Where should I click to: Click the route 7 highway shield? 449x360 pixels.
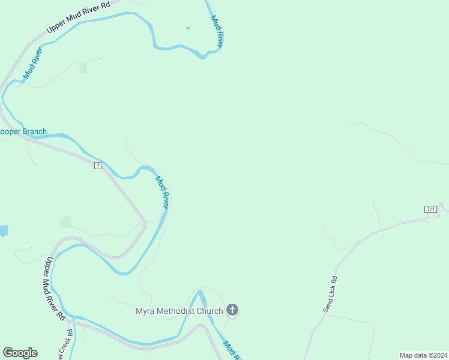[98, 165]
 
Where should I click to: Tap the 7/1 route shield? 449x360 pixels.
[430, 209]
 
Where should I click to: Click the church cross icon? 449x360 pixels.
[232, 310]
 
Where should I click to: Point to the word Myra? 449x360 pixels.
[145, 311]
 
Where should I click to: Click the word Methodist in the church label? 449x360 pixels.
[175, 311]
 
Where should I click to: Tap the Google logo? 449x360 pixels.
[20, 353]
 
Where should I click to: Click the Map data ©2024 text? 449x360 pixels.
[423, 355]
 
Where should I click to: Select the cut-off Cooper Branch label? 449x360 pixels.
[23, 132]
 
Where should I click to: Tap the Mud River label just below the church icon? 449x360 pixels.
[232, 350]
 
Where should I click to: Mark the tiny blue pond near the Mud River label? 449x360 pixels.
[188, 28]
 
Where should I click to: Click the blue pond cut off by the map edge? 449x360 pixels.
[3, 230]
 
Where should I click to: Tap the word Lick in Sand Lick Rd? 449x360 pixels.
[330, 295]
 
